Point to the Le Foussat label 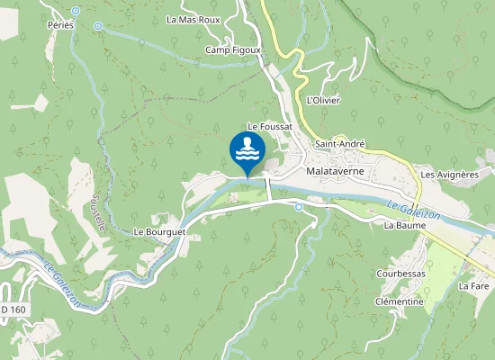coord(270,128)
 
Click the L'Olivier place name coord(323,100)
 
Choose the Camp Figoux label coord(232,50)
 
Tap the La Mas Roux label coord(193,19)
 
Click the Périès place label coord(61,26)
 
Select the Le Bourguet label coord(158,231)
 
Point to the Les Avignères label coord(449,174)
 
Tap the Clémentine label coord(399,301)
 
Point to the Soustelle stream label coord(99,214)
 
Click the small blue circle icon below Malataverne coord(299,207)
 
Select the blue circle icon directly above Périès coord(75,11)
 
